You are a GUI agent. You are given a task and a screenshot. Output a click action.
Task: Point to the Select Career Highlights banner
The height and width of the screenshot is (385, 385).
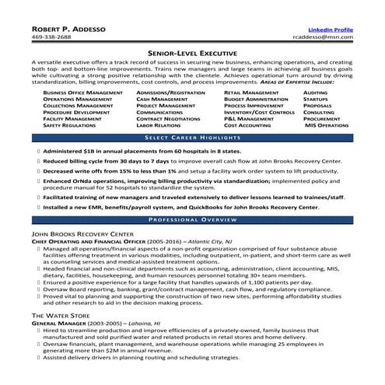(x=192, y=136)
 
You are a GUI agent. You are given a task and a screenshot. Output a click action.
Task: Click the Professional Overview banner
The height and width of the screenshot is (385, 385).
(x=192, y=220)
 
